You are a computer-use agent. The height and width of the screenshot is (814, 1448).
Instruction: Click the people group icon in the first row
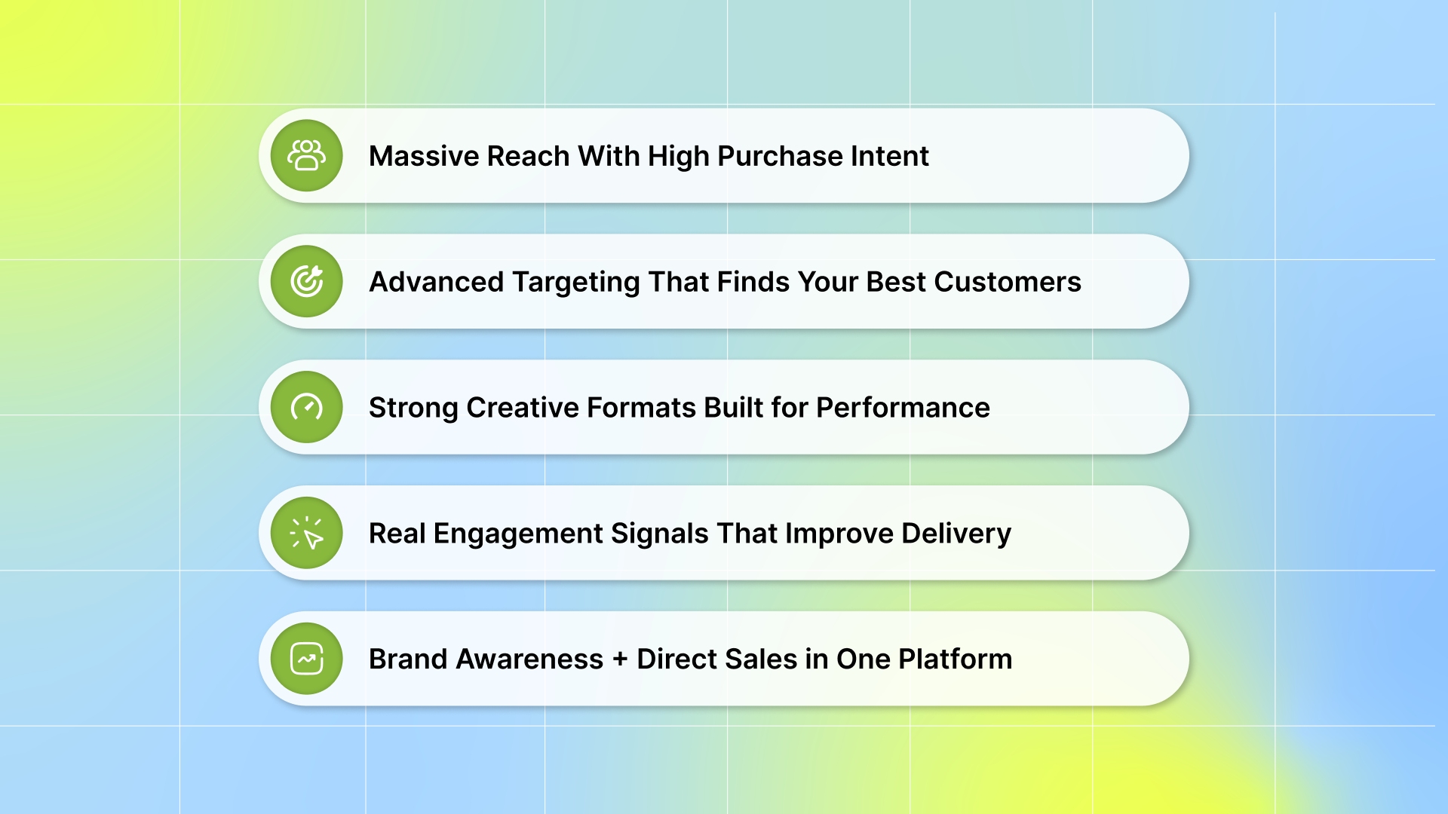click(306, 155)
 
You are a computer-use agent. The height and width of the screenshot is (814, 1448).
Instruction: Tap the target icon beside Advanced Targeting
click(306, 281)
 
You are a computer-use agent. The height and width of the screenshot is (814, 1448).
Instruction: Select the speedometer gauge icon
click(306, 407)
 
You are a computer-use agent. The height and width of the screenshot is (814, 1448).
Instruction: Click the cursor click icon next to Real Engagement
click(306, 533)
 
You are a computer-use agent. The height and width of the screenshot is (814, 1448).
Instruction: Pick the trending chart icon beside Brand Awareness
click(306, 659)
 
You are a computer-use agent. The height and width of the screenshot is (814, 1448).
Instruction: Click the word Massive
click(424, 156)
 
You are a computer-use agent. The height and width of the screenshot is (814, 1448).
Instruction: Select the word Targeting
click(576, 282)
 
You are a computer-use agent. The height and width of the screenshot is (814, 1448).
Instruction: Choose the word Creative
click(522, 408)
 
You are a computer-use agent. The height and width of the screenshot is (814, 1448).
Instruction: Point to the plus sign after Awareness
click(620, 659)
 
